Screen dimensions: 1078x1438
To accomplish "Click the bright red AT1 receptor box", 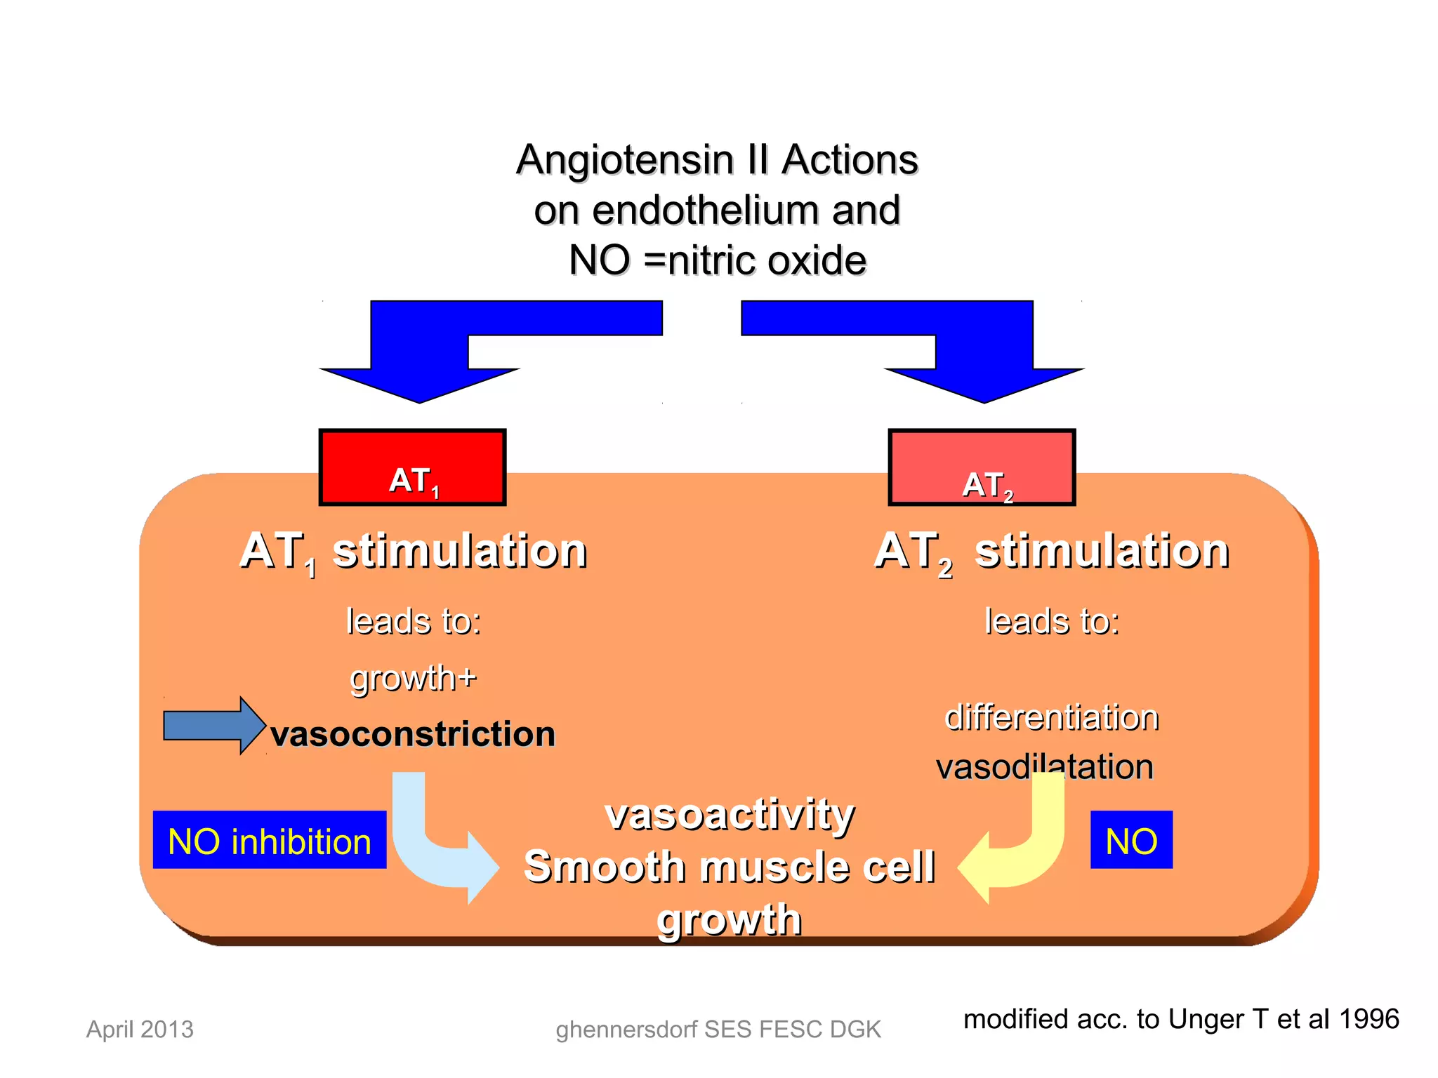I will pos(412,467).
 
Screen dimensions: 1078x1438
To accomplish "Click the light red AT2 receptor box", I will pos(982,467).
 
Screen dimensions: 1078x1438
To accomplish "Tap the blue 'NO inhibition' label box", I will pos(270,840).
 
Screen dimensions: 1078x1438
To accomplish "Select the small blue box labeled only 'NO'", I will pos(1131,840).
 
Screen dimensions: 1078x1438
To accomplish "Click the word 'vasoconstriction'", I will pos(413,734).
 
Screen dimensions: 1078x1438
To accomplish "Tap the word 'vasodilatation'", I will pos(1045,766).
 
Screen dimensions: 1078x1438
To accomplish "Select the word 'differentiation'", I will pos(1051,717).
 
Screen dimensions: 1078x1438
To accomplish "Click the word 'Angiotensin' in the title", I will pos(625,160).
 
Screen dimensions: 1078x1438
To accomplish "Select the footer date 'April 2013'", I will pos(140,1029).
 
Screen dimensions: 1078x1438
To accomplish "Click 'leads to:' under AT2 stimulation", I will pos(1051,621).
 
